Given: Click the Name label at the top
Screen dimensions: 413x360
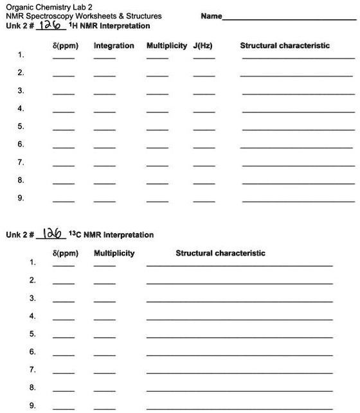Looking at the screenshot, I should tap(212, 16).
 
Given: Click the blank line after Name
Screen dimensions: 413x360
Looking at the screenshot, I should tap(289, 19).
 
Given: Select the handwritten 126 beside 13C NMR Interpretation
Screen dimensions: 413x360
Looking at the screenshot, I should tap(53, 234).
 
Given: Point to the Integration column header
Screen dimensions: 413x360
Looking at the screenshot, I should tap(114, 46).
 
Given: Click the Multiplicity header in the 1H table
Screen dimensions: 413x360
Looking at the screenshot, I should tap(166, 46).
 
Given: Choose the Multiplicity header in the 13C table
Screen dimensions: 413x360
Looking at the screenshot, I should tap(114, 253).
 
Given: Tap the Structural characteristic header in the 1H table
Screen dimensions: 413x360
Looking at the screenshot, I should tap(285, 46).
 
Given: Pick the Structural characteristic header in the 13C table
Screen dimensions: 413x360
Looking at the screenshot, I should tap(221, 253).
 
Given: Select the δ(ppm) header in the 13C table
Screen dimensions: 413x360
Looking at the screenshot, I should tap(65, 253).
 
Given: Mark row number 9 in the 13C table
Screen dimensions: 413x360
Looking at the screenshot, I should tap(32, 405).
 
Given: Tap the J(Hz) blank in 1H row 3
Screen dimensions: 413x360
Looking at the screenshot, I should tap(204, 93).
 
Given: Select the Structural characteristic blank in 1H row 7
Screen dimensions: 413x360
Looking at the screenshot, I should tap(298, 165).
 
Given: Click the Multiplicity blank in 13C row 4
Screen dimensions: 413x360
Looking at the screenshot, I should tap(105, 319).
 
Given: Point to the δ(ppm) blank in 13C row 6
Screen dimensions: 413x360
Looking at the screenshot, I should tap(64, 355).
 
